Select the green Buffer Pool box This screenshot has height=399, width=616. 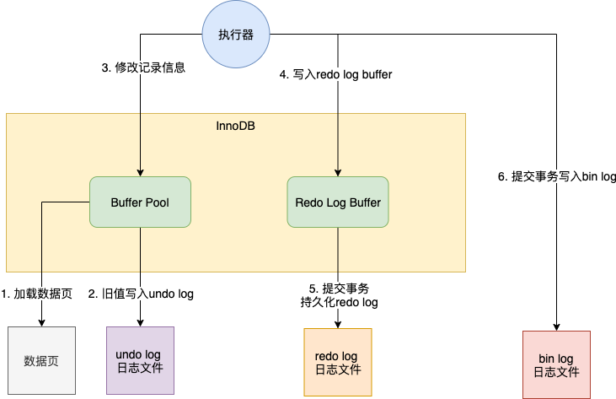pyautogui.click(x=140, y=202)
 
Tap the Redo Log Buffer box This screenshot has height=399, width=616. pyautogui.click(x=338, y=202)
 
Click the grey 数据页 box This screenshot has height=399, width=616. pyautogui.click(x=40, y=361)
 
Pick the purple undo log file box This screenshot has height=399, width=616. pyautogui.click(x=140, y=360)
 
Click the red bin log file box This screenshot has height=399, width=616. pyautogui.click(x=556, y=364)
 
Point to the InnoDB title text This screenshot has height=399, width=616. pyautogui.click(x=236, y=126)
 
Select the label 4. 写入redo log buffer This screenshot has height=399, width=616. pyautogui.click(x=336, y=74)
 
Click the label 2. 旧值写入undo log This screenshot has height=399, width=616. pyautogui.click(x=141, y=294)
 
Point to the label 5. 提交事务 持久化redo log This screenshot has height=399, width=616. pyautogui.click(x=339, y=295)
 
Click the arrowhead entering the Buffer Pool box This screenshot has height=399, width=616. pyautogui.click(x=140, y=173)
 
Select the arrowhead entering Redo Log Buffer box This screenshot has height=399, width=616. pyautogui.click(x=338, y=173)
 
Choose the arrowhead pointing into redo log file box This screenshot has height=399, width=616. pyautogui.click(x=338, y=325)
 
